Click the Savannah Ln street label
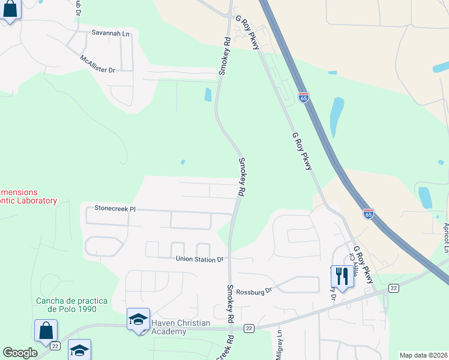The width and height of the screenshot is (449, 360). (110, 34)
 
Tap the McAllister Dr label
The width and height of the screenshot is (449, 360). (97, 65)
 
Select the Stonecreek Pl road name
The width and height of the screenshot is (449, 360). (116, 209)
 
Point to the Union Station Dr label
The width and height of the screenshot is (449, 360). (199, 259)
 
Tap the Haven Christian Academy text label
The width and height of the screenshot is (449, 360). (181, 327)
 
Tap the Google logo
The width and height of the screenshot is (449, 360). (20, 353)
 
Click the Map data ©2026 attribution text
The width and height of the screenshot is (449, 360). (423, 355)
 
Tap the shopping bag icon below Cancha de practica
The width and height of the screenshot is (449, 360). (46, 331)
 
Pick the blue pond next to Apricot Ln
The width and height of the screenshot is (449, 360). (425, 197)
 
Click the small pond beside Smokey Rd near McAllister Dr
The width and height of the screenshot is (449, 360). (208, 95)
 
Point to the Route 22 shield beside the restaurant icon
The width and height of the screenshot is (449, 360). (393, 289)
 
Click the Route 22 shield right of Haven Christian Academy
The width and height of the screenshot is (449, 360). (249, 328)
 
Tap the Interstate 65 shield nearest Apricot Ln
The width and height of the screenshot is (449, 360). (369, 213)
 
